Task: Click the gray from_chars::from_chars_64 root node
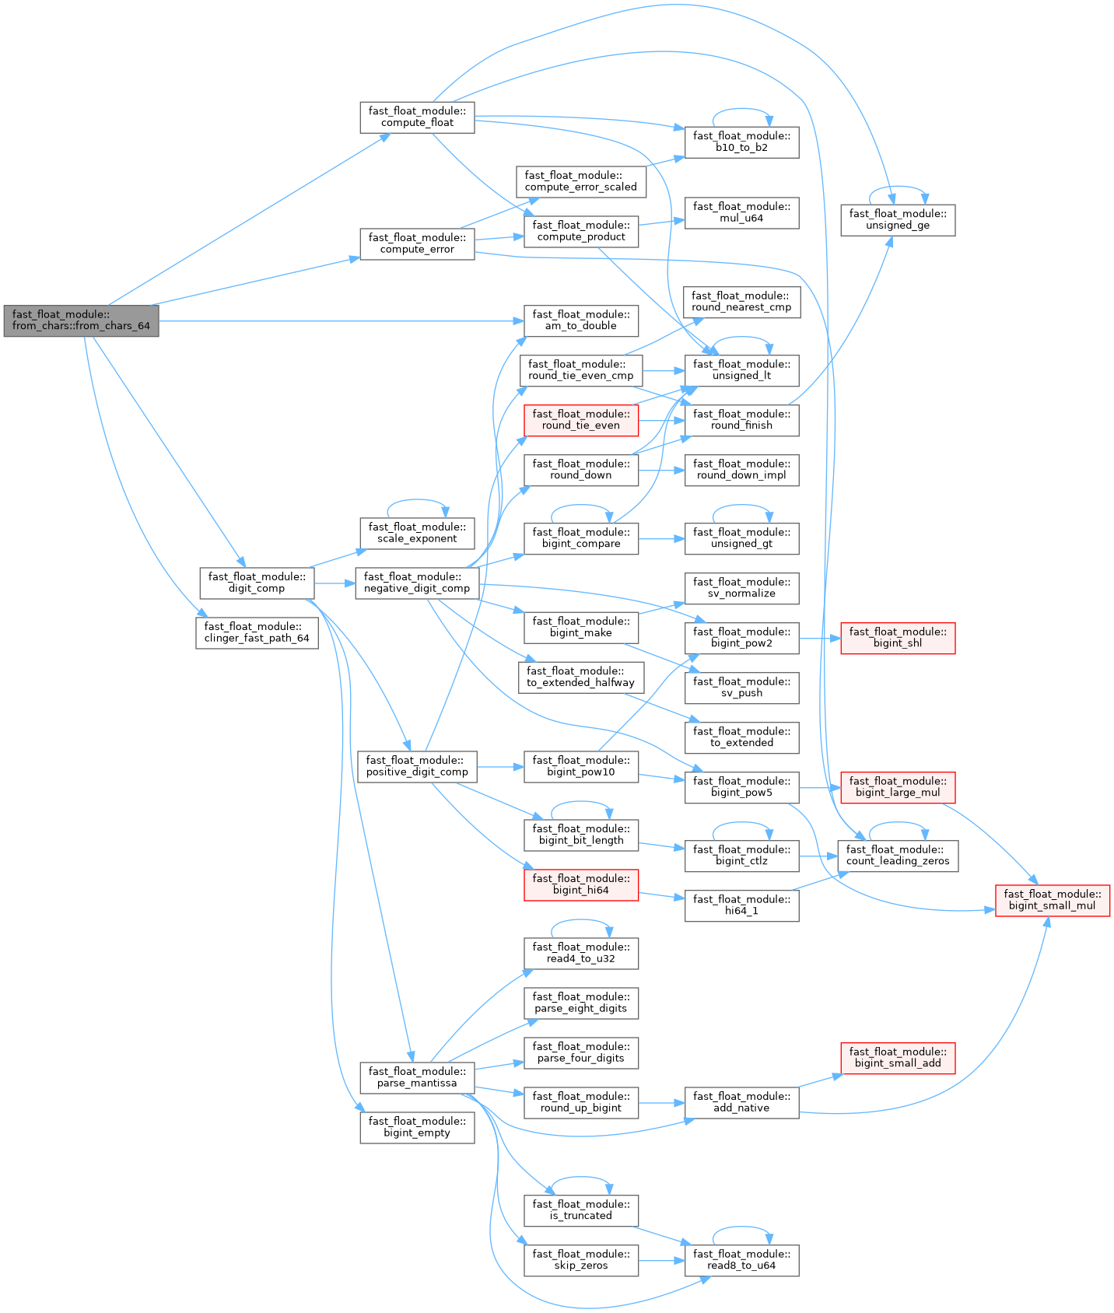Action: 81,320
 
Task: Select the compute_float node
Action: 417,117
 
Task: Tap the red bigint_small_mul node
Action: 1052,901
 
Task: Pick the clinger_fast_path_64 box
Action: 257,633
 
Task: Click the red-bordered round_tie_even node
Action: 581,420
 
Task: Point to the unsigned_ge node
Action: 897,220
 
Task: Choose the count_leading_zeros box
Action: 897,856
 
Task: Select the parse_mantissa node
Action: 417,1077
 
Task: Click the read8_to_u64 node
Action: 741,1260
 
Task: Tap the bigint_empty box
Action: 417,1127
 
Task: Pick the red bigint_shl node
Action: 897,638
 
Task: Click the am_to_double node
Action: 581,320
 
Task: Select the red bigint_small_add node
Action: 897,1058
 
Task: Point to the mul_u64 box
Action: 741,212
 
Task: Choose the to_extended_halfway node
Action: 581,678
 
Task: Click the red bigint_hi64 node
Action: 581,885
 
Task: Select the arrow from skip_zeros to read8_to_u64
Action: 661,1260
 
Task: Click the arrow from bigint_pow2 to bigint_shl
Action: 819,638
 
